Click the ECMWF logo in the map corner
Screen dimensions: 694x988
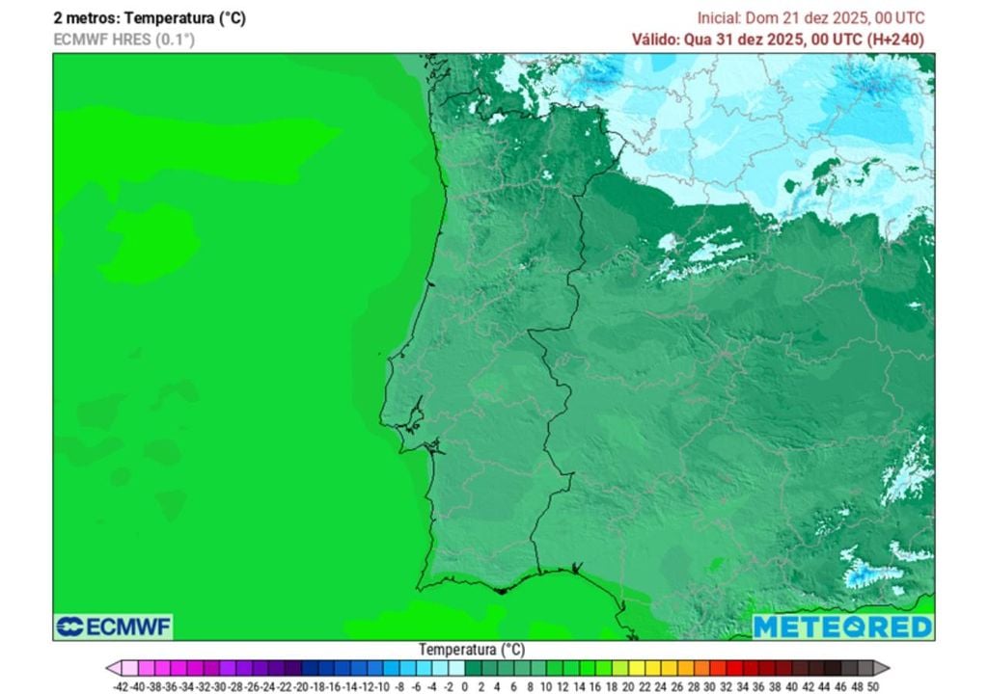coord(114,627)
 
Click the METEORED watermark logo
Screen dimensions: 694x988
coord(842,627)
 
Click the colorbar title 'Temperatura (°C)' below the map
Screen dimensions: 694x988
coord(472,650)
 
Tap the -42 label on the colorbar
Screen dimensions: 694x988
coord(121,686)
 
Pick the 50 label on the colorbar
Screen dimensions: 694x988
coord(872,686)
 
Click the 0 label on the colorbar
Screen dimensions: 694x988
coord(465,686)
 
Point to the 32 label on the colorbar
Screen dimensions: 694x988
coord(726,686)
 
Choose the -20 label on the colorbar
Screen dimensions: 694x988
coord(302,686)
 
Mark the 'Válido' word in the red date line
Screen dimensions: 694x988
coord(655,40)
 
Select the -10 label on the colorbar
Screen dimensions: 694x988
coord(383,686)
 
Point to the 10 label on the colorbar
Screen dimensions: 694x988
coord(546,686)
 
